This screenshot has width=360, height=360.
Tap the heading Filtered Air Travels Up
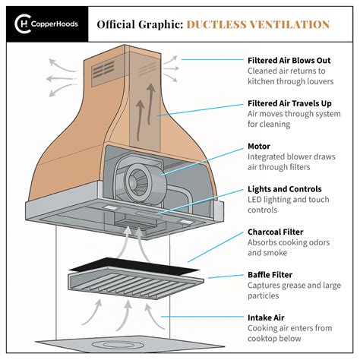point(294,103)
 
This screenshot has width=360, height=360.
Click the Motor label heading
point(261,146)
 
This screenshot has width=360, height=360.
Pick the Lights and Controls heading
point(285,188)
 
